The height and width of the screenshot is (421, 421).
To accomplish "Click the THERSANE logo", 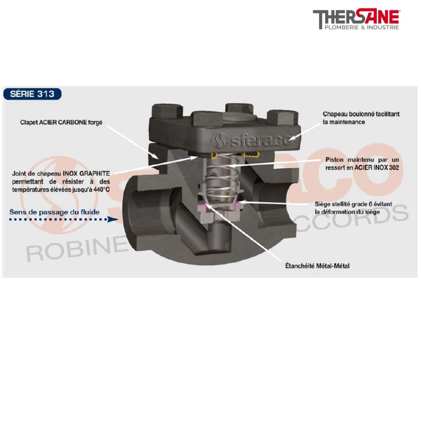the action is click(356, 19).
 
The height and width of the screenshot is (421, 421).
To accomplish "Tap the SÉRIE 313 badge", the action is click(32, 94).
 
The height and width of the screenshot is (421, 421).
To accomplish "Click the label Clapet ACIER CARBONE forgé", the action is click(61, 123).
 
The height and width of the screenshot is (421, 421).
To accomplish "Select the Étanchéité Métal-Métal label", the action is click(317, 266).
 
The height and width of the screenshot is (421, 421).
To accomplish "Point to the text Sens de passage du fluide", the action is click(54, 212).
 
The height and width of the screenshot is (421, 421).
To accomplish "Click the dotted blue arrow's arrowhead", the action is click(113, 219).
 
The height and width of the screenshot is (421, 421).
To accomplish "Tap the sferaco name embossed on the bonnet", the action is click(251, 139).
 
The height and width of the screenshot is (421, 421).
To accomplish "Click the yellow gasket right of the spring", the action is click(252, 154).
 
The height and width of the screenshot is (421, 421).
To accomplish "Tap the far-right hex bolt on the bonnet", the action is click(283, 117).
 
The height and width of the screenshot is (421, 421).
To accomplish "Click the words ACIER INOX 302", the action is click(377, 167).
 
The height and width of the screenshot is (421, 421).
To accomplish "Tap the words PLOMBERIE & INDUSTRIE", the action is click(362, 27).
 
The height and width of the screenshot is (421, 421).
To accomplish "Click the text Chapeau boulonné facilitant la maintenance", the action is click(361, 118).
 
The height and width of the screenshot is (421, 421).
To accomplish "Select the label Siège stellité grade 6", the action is click(343, 204).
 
